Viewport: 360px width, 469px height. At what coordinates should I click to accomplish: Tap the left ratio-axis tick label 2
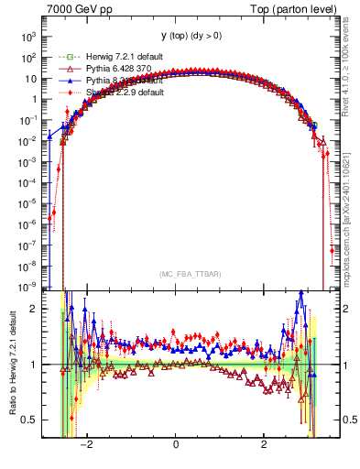point(34,309)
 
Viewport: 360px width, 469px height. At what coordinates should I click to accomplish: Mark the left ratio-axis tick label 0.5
point(29,420)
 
